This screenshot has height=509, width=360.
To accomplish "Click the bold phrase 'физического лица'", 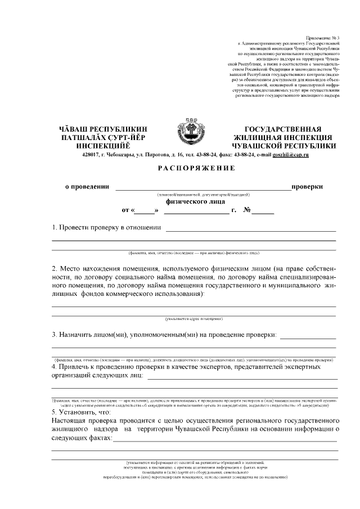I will (195, 201).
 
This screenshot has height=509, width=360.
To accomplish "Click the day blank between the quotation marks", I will (145, 211).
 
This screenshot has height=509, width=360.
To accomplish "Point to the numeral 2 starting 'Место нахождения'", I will (54, 268).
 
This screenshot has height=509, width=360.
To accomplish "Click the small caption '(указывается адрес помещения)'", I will (193, 319).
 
